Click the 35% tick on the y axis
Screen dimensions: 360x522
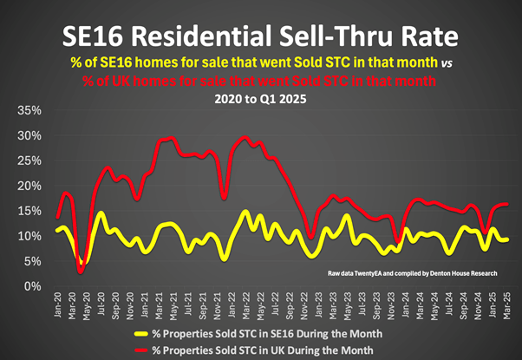tap(29, 111)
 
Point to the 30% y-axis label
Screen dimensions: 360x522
tap(29, 136)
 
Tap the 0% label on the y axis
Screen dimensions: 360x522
tap(33, 286)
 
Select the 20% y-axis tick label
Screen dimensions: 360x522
tap(29, 187)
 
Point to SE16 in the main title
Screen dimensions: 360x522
tap(95, 37)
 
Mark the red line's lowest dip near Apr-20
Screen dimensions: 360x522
tap(81, 272)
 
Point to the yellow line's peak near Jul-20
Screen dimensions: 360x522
tap(101, 213)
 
